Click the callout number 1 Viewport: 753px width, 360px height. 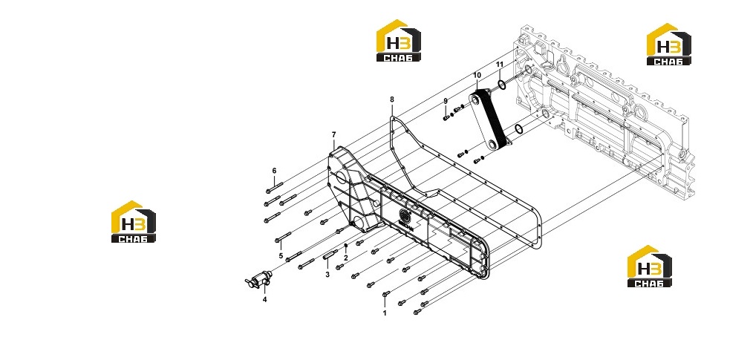coord(384,313)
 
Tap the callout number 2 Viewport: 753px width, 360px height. coord(345,258)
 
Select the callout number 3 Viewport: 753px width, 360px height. coord(327,275)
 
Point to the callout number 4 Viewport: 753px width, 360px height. coord(264,300)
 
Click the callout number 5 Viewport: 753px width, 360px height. coord(281,256)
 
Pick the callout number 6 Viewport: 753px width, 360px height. coord(274,171)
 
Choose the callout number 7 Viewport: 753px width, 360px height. coord(333,134)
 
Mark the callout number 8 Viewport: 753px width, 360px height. coord(392,99)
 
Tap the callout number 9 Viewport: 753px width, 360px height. coord(446,101)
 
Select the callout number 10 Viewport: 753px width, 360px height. coord(477,76)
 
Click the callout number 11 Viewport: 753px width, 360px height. coord(500,65)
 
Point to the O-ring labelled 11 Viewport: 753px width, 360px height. coord(501,85)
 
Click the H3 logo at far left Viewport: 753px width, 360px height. coord(134,221)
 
